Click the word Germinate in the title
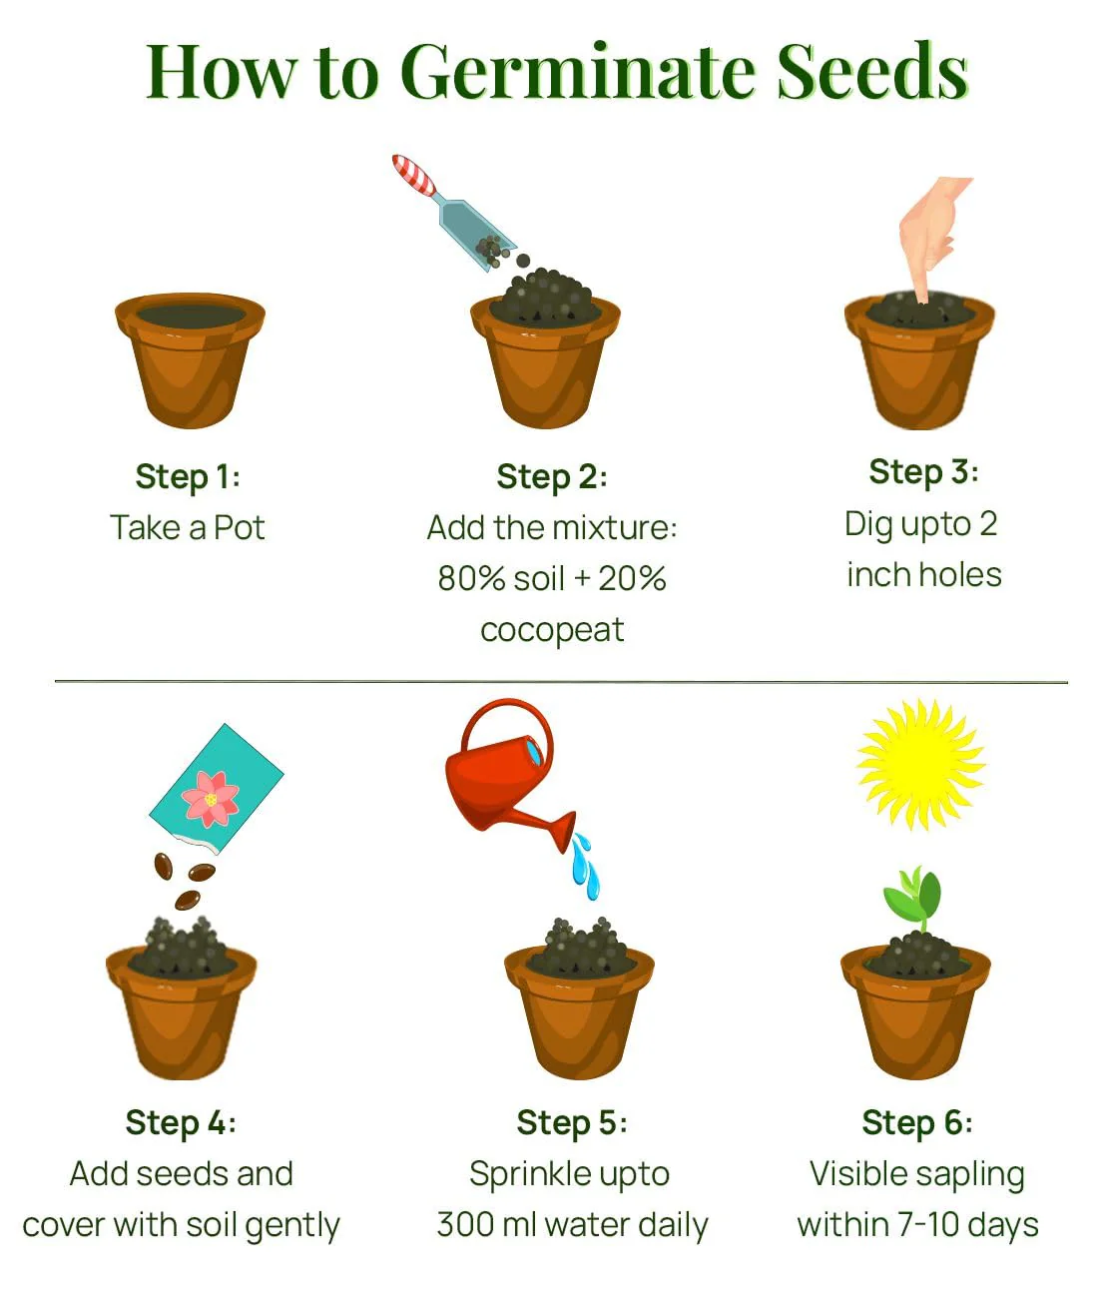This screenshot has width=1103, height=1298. (578, 72)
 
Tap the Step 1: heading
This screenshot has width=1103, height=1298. (188, 477)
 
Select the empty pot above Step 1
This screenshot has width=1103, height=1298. (190, 360)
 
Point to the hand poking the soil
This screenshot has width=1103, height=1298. (930, 236)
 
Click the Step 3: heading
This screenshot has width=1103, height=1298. (923, 473)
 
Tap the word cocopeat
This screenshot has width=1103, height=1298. (552, 630)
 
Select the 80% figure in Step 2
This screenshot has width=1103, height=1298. (471, 578)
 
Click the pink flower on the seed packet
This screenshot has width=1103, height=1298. (211, 800)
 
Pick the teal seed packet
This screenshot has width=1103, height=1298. (216, 789)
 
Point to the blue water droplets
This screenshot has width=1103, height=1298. (585, 866)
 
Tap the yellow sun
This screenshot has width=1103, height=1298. (920, 764)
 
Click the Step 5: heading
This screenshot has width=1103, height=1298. (571, 1123)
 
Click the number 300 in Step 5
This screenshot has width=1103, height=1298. (466, 1225)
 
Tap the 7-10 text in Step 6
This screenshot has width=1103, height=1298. (929, 1225)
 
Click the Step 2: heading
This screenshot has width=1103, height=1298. (552, 477)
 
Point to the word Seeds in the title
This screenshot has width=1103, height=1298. (873, 71)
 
